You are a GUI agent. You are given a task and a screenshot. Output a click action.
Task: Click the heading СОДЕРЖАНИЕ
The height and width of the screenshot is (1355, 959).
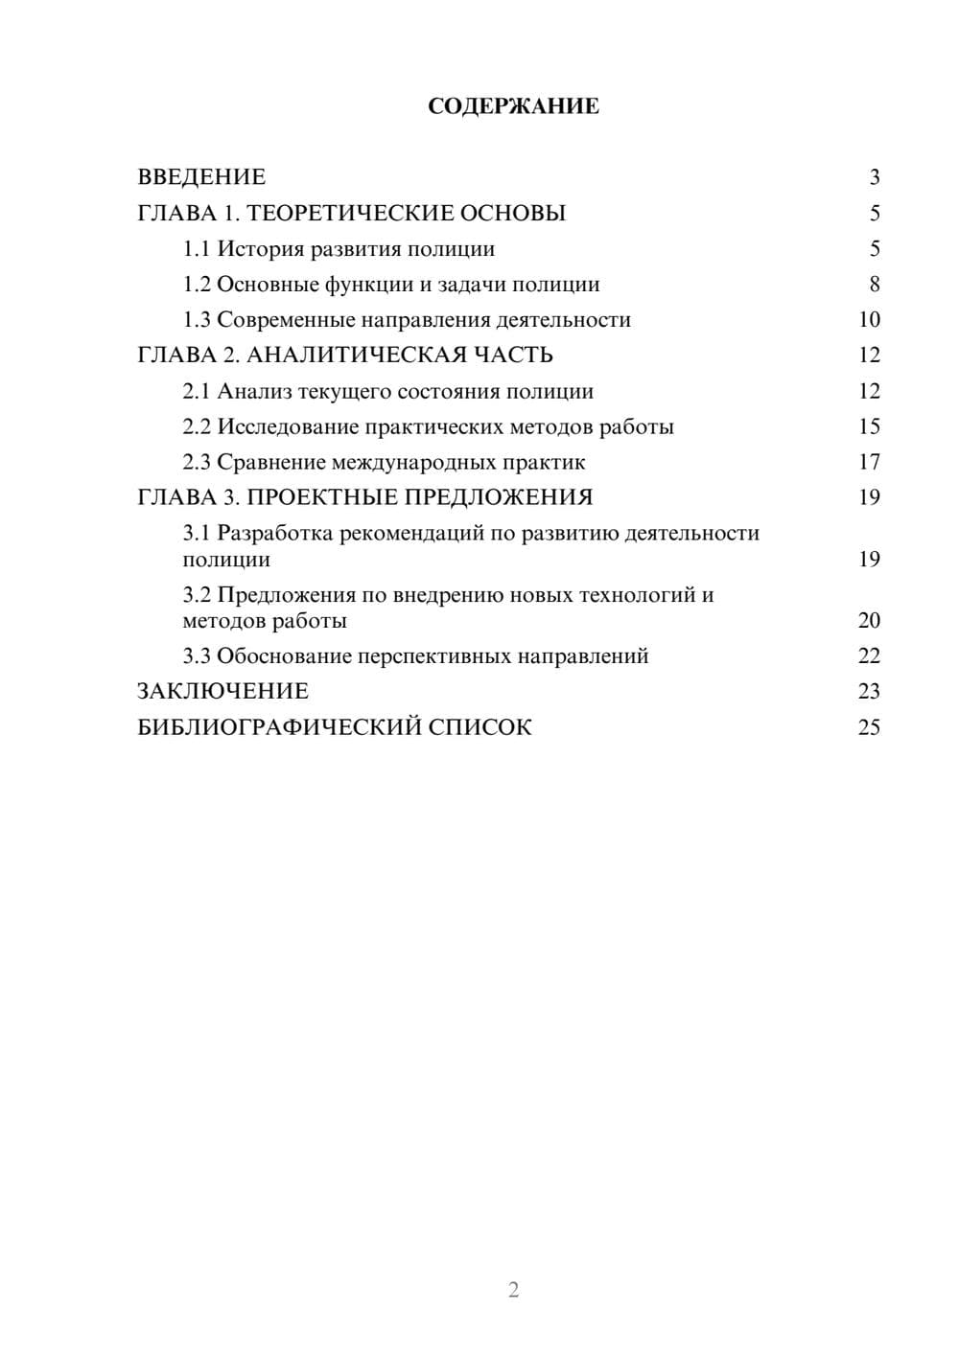pyautogui.click(x=513, y=106)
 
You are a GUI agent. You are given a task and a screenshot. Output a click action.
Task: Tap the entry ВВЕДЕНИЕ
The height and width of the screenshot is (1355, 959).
pyautogui.click(x=201, y=177)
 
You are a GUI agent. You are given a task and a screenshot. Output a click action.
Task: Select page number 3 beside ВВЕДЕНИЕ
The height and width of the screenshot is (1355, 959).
pyautogui.click(x=874, y=177)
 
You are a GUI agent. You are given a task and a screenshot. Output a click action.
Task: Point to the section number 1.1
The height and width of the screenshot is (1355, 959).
pyautogui.click(x=197, y=249)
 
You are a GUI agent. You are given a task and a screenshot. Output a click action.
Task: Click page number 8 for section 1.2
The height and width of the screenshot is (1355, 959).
pyautogui.click(x=874, y=285)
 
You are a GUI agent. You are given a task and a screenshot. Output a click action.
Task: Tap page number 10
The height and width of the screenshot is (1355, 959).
pyautogui.click(x=869, y=320)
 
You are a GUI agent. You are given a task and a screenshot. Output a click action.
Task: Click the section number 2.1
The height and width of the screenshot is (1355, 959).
pyautogui.click(x=197, y=392)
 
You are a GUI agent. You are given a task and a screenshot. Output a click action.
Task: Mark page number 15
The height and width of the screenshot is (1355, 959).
pyautogui.click(x=869, y=427)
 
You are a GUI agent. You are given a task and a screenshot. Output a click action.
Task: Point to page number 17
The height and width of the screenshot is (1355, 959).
pyautogui.click(x=869, y=463)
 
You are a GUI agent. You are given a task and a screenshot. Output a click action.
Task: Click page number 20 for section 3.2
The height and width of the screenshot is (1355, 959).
pyautogui.click(x=869, y=621)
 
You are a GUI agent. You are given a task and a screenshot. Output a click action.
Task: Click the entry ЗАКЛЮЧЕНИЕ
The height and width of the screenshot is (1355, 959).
pyautogui.click(x=223, y=692)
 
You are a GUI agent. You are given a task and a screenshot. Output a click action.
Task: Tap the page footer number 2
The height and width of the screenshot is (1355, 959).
pyautogui.click(x=513, y=1290)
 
